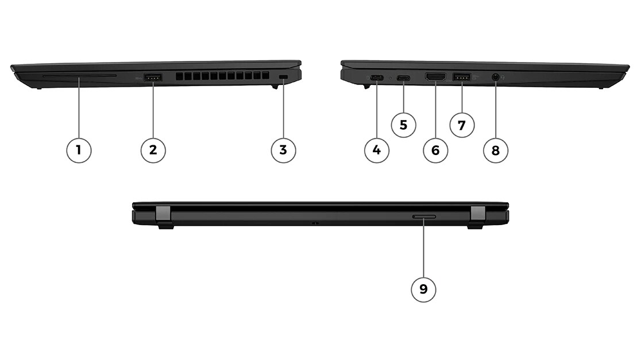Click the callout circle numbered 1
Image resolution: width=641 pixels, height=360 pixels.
(x=79, y=150)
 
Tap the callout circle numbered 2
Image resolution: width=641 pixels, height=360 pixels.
(x=153, y=150)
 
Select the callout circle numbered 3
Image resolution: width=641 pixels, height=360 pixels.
(x=283, y=150)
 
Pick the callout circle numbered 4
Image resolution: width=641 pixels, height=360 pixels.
(x=377, y=150)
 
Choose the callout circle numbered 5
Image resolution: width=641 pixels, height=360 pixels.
(x=403, y=125)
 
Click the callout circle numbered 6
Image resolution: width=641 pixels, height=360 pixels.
(x=435, y=150)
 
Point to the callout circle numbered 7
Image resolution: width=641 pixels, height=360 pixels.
(x=462, y=125)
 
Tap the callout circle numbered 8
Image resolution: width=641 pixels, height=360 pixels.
(x=496, y=150)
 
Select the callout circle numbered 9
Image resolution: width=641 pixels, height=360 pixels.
(x=423, y=290)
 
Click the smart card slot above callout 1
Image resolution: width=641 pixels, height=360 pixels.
(x=79, y=76)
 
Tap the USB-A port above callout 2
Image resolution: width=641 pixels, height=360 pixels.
(x=153, y=77)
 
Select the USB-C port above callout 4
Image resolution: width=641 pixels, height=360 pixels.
(x=377, y=78)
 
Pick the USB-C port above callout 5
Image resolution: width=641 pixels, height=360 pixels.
(x=403, y=78)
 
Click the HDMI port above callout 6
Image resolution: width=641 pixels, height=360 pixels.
(x=435, y=77)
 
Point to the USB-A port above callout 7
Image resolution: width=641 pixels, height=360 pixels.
(x=462, y=77)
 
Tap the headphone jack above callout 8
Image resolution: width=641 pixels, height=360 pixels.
(x=496, y=77)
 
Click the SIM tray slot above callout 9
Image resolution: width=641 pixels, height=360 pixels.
(x=424, y=217)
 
